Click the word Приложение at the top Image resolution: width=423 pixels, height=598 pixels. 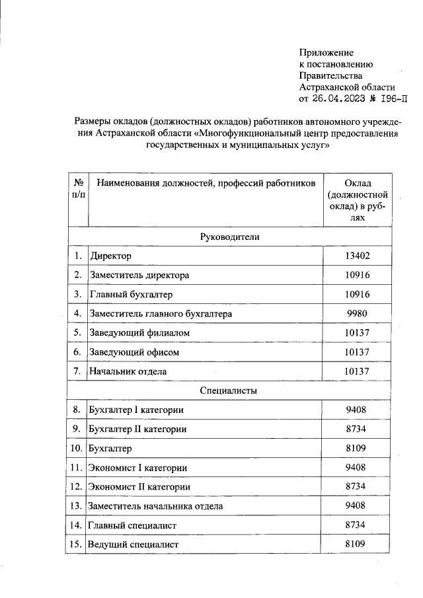327,52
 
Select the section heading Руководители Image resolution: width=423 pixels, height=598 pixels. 229,237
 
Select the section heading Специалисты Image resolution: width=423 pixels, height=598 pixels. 229,391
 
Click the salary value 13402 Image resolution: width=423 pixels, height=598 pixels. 357,256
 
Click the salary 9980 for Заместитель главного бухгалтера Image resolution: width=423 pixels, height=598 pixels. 357,313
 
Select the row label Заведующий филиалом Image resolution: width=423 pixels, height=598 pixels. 139,333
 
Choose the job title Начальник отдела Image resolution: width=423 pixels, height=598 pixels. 128,371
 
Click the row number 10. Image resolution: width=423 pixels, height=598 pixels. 77,448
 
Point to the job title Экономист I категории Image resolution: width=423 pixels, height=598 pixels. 137,468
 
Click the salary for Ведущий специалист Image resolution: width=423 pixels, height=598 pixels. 357,544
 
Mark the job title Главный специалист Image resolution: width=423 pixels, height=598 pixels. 133,525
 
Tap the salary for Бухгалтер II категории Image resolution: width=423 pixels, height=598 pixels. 357,429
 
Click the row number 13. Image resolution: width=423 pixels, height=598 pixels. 77,505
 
